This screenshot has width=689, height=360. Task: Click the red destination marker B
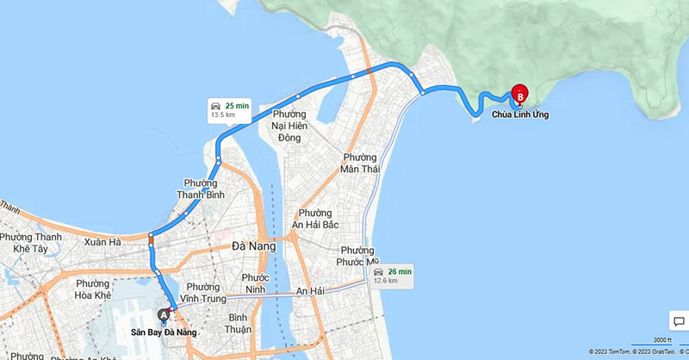[x=519, y=95]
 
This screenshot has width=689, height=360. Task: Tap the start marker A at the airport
[x=164, y=315]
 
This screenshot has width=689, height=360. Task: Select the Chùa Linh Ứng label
[x=520, y=114]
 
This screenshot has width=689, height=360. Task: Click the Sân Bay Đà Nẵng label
[x=164, y=332]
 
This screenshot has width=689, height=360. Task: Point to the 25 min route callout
[x=230, y=109]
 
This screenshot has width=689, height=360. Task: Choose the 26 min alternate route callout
[x=392, y=276]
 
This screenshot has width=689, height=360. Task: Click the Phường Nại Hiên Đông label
[x=298, y=126]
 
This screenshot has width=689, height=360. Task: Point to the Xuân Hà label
[x=102, y=244]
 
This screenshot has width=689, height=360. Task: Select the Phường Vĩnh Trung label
[x=204, y=293]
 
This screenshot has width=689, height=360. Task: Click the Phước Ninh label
[x=256, y=283]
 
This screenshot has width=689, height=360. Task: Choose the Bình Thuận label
[x=238, y=323]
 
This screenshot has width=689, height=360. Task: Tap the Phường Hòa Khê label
[x=93, y=289]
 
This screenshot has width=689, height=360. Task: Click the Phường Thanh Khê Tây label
[x=31, y=243]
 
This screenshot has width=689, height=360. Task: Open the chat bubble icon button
[x=677, y=320]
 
